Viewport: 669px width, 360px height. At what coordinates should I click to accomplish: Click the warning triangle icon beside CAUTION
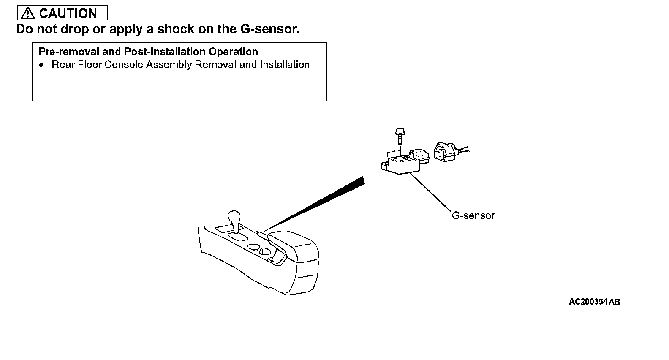(27, 13)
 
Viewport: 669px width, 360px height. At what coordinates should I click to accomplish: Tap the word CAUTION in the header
(68, 13)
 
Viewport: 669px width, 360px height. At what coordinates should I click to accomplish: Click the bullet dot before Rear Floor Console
(41, 65)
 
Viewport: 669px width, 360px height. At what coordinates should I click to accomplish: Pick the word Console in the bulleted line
(124, 65)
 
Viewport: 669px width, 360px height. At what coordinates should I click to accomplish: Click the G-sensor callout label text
(473, 215)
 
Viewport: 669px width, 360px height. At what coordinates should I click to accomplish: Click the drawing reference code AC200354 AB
(594, 302)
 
